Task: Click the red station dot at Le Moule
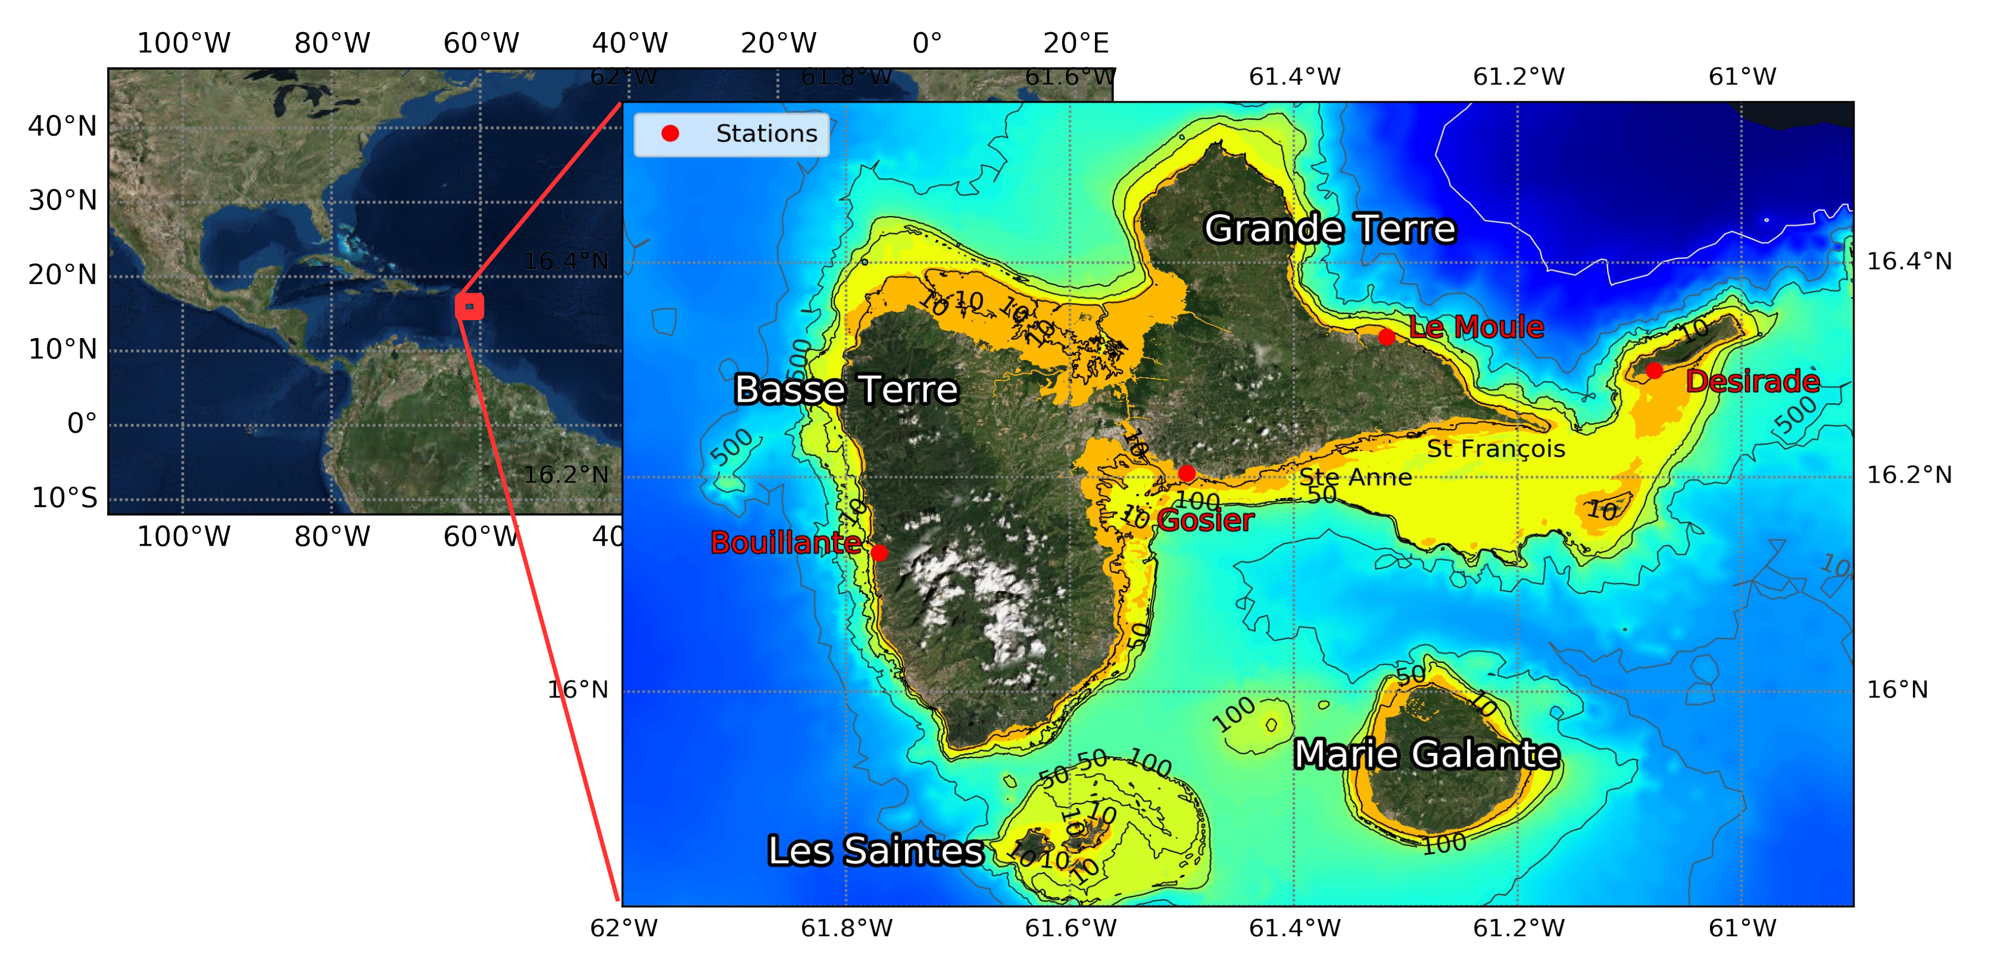pyautogui.click(x=1386, y=337)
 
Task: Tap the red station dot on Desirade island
pyautogui.click(x=1654, y=371)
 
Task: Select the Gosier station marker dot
pyautogui.click(x=1187, y=473)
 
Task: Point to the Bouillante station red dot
pyautogui.click(x=879, y=552)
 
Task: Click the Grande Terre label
pyautogui.click(x=1330, y=229)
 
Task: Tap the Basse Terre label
pyautogui.click(x=845, y=389)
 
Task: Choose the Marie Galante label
pyautogui.click(x=1426, y=754)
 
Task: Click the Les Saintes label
pyautogui.click(x=875, y=850)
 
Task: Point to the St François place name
pyautogui.click(x=1496, y=449)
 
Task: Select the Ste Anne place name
pyautogui.click(x=1355, y=477)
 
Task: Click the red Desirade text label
pyautogui.click(x=1752, y=381)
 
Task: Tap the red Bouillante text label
pyautogui.click(x=785, y=543)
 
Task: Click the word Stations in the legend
pyautogui.click(x=766, y=134)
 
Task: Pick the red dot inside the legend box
pyautogui.click(x=670, y=134)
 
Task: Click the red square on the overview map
pyautogui.click(x=469, y=307)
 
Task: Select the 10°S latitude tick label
pyautogui.click(x=64, y=498)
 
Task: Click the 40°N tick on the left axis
pyautogui.click(x=63, y=126)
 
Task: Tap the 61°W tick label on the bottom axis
pyautogui.click(x=1742, y=928)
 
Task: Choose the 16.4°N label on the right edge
pyautogui.click(x=1909, y=261)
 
